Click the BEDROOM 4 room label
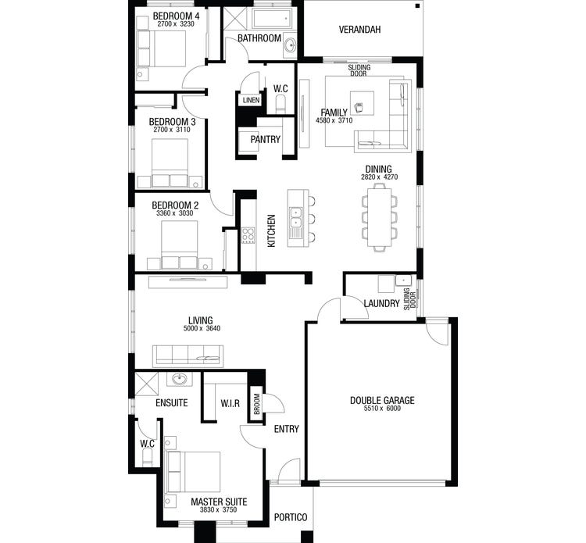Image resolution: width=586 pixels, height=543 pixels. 176,16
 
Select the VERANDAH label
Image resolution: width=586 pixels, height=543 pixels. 359,30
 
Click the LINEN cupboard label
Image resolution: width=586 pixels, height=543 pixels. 250,101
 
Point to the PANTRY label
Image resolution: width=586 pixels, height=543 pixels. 265,139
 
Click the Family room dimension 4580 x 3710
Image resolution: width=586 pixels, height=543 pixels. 334,121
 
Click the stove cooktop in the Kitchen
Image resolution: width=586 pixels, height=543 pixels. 248,234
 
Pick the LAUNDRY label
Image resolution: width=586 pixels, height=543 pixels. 381,303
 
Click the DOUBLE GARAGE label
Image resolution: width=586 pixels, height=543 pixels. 382,400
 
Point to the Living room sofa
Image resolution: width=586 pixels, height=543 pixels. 188,355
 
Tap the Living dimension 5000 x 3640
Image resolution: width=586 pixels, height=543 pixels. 202,328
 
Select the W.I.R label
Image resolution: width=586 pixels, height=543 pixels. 229,404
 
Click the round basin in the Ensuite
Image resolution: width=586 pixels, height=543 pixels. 180,380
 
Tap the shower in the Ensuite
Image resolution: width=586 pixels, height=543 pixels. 146,385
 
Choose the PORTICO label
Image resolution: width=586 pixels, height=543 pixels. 290,517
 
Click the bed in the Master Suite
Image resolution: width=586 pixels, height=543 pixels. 193,471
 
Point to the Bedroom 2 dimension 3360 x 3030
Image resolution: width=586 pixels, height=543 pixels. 174,213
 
